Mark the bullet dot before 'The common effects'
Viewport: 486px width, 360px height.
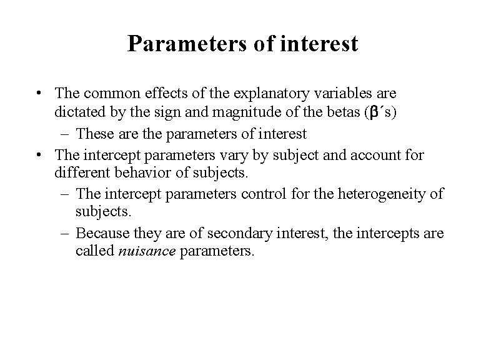[x=40, y=94]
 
